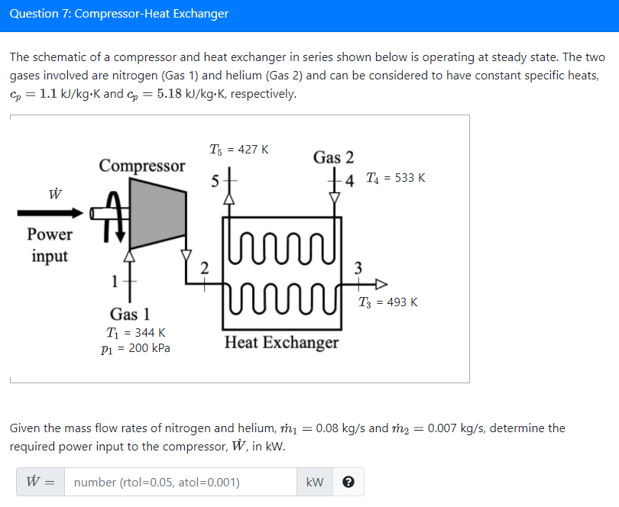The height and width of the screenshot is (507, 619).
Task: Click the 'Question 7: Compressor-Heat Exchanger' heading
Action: [119, 14]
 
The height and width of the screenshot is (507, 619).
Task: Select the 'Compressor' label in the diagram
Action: [141, 166]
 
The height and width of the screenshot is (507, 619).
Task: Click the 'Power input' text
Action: [50, 245]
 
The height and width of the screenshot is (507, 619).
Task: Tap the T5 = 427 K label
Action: [238, 150]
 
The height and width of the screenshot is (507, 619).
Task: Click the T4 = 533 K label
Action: [395, 178]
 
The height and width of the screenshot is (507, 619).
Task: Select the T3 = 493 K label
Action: [388, 302]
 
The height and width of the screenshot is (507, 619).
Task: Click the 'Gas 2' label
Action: [333, 157]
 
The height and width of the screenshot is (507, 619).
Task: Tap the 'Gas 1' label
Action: [129, 314]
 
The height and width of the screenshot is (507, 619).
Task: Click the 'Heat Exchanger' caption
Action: [281, 342]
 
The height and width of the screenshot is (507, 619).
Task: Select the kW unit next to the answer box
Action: [314, 483]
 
